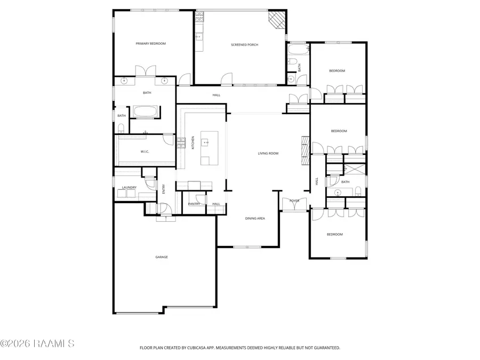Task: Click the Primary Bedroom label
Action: (150, 44)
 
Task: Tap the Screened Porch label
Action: (245, 45)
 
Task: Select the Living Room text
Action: (268, 154)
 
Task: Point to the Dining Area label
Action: (255, 219)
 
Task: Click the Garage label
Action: (162, 257)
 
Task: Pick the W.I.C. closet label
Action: (145, 151)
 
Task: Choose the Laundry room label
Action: (129, 187)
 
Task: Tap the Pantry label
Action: (194, 204)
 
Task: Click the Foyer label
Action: (294, 201)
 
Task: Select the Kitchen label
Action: (193, 142)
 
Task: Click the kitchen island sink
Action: (205, 142)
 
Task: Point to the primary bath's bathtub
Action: (146, 111)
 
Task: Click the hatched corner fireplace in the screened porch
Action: (277, 20)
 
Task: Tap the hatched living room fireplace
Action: (305, 150)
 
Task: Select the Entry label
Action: (164, 189)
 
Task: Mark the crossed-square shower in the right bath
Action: (355, 169)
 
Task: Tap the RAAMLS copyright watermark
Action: (37, 343)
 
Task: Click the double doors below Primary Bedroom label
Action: (146, 71)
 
